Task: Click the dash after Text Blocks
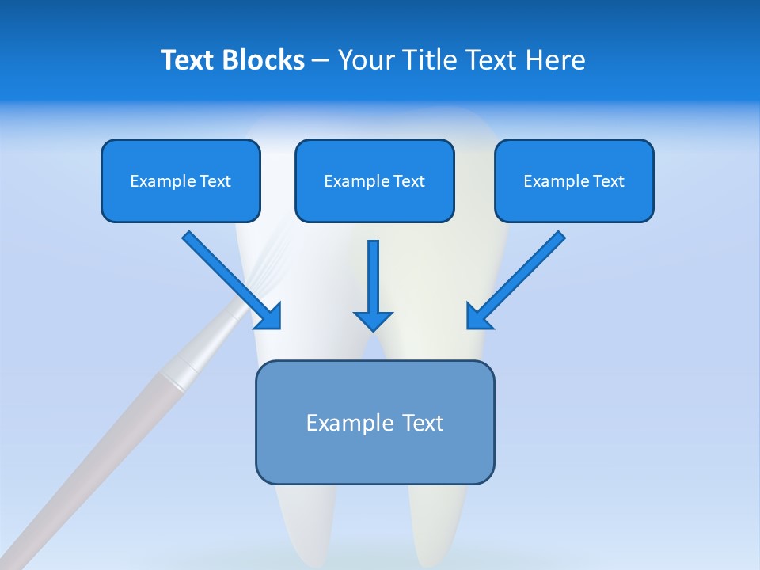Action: pyautogui.click(x=321, y=61)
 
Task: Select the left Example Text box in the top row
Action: pyautogui.click(x=180, y=181)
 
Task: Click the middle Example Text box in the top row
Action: pyautogui.click(x=374, y=181)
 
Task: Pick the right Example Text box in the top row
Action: pyautogui.click(x=574, y=181)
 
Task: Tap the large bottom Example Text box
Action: pyautogui.click(x=374, y=423)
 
